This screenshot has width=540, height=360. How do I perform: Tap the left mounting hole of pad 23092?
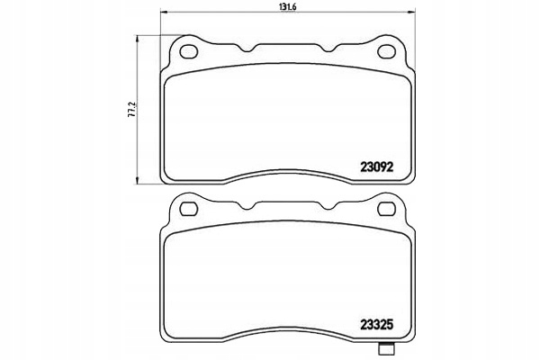click(x=190, y=51)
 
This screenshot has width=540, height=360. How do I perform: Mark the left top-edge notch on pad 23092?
click(x=255, y=47)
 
